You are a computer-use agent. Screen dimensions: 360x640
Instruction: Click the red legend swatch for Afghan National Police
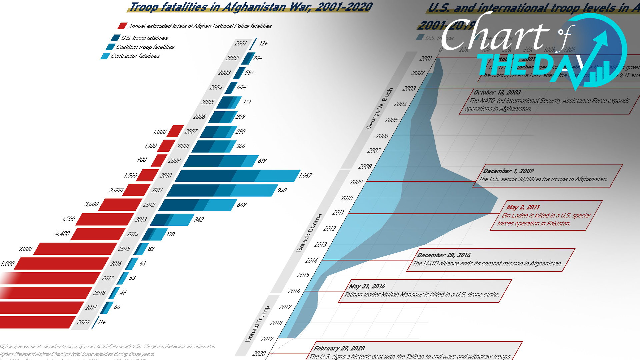click(122, 26)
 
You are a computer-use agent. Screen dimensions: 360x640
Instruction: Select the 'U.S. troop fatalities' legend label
click(144, 38)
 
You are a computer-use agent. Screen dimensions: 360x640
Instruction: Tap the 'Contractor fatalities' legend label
click(135, 56)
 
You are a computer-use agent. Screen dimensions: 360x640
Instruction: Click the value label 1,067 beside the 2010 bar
click(305, 176)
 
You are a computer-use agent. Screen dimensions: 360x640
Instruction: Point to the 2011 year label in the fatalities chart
click(157, 190)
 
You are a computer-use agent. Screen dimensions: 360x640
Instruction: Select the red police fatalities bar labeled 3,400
click(120, 205)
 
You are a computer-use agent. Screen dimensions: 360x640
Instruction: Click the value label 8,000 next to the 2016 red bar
click(7, 264)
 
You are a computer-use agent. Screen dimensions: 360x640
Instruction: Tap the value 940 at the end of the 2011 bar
click(282, 190)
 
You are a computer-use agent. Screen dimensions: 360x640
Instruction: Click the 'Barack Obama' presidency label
click(309, 233)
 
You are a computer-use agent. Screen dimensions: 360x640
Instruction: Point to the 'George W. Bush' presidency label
click(379, 109)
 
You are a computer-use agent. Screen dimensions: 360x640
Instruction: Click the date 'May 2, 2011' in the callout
click(523, 207)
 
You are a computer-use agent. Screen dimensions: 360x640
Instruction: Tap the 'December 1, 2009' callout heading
click(508, 171)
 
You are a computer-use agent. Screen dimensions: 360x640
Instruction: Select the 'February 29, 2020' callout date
click(339, 348)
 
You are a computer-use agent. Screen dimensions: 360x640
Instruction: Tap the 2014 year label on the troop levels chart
click(311, 261)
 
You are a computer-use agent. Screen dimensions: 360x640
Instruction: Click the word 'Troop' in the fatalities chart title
click(143, 7)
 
